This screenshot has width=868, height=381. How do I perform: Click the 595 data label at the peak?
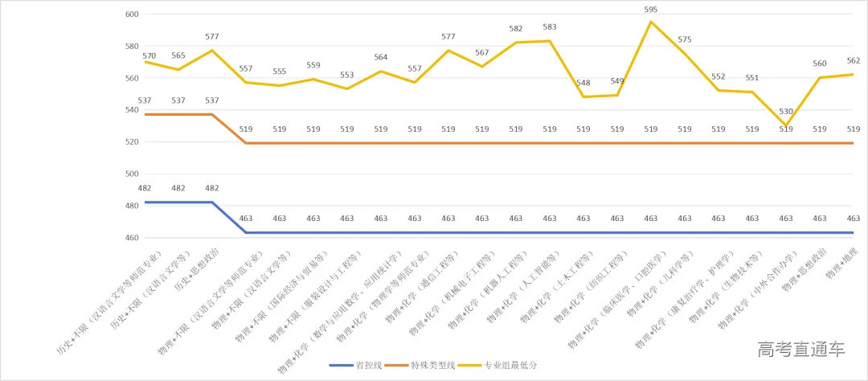pyautogui.click(x=651, y=10)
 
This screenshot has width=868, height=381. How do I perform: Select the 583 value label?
pyautogui.click(x=550, y=27)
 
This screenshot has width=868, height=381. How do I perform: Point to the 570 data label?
pyautogui.click(x=149, y=56)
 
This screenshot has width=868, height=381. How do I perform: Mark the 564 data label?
pyautogui.click(x=381, y=57)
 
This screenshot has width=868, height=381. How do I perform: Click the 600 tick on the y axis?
pyautogui.click(x=133, y=14)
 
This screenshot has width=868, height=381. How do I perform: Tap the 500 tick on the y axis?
pyautogui.click(x=133, y=174)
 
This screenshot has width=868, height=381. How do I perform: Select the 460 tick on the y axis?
pyautogui.click(x=133, y=238)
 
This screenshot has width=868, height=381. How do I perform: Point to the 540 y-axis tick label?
pyautogui.click(x=133, y=110)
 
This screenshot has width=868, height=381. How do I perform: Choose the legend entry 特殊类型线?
pyautogui.click(x=433, y=366)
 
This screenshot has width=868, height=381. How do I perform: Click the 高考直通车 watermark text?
pyautogui.click(x=800, y=350)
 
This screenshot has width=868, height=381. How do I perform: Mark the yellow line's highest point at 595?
pyautogui.click(x=651, y=22)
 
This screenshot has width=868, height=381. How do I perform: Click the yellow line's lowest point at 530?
pyautogui.click(x=786, y=125)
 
